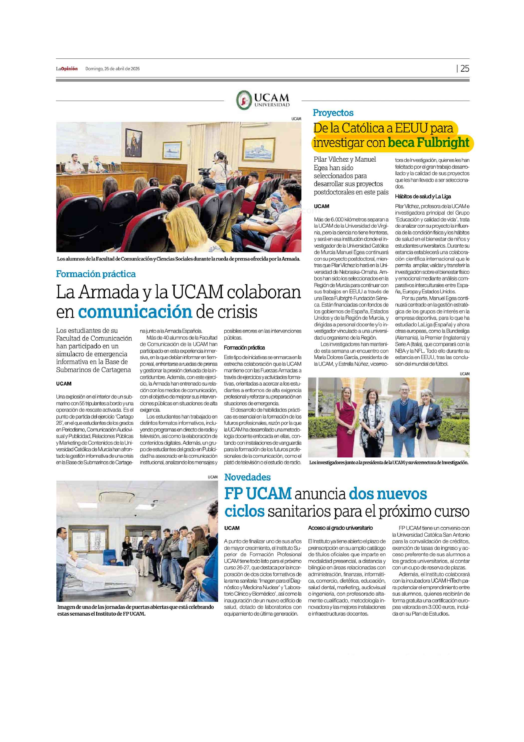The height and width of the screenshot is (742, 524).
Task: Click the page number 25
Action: (465, 68)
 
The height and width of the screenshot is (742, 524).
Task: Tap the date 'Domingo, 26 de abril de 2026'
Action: (112, 68)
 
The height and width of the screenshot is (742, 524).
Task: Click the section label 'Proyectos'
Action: (333, 113)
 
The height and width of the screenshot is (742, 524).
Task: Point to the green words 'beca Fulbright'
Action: (428, 142)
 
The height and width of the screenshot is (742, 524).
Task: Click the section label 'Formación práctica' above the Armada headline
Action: (96, 274)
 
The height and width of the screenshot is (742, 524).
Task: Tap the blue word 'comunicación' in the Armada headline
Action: (135, 312)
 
